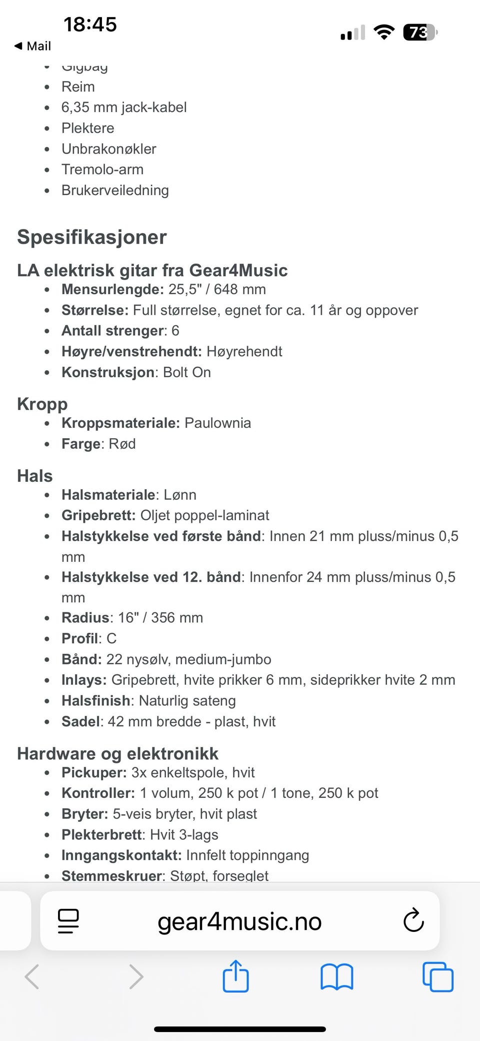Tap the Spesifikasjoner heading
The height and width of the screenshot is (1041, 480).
92,237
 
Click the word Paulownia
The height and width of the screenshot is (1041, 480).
217,423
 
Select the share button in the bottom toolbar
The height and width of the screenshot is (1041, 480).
235,976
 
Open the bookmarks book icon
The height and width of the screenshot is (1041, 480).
336,976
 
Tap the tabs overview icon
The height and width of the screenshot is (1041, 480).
438,976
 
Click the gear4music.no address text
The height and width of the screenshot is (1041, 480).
239,921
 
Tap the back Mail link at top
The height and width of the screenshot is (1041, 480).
33,46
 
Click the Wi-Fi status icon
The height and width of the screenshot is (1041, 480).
384,33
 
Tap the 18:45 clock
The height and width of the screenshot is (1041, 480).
90,24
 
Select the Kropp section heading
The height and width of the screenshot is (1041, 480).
42,404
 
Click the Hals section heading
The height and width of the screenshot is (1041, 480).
35,476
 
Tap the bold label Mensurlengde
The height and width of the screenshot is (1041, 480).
112,290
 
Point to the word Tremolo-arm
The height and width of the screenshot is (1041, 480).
102,170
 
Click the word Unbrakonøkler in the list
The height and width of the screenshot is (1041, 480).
109,149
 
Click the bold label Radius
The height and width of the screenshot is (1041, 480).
85,618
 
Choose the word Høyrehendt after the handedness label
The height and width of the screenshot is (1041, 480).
244,352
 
